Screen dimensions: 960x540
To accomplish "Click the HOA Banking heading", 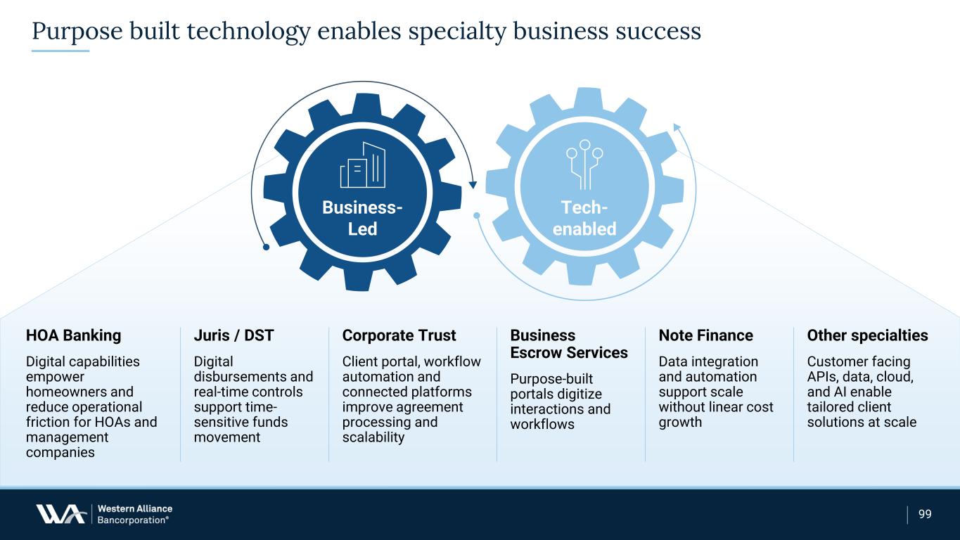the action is [x=73, y=335].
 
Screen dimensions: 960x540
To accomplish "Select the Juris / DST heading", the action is [x=233, y=335].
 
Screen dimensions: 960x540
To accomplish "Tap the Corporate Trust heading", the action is [x=399, y=335].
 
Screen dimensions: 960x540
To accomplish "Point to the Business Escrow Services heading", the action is [x=569, y=344].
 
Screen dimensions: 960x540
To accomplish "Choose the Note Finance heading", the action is [x=705, y=335].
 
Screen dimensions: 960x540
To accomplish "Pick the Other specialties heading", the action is [x=867, y=335].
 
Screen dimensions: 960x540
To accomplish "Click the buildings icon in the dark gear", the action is [x=363, y=165].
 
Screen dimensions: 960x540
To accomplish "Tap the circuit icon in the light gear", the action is [x=584, y=165].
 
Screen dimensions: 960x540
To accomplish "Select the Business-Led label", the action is [x=362, y=218].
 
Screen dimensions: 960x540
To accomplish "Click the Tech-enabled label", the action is [x=584, y=218].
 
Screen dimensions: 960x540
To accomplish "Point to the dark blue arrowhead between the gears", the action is [x=473, y=185].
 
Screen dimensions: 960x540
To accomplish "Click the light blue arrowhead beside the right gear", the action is [x=677, y=127].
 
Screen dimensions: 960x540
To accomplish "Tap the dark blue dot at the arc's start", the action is [x=266, y=247].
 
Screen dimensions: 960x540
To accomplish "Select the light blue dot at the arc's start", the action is [x=477, y=216].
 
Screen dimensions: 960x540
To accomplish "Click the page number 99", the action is [x=925, y=514].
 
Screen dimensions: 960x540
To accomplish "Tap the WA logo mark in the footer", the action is [x=60, y=514].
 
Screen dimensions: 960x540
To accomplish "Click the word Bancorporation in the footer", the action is [x=132, y=520].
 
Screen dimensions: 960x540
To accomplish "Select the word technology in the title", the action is [x=248, y=31].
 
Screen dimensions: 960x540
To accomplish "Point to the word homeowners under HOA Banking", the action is [x=79, y=392].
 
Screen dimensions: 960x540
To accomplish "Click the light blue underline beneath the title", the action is [x=60, y=51].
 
